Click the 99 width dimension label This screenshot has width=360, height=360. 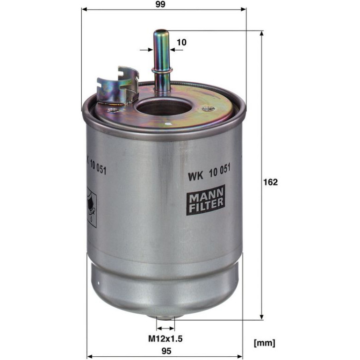[160, 4]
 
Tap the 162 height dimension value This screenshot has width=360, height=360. [270, 182]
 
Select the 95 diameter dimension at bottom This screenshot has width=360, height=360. [166, 351]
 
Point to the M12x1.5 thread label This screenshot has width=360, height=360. [166, 338]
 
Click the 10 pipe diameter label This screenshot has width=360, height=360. [181, 42]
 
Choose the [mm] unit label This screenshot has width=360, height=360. [264, 343]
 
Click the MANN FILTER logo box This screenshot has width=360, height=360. [206, 200]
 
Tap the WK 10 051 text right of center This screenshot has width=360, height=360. [209, 173]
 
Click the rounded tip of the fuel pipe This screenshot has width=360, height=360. [161, 32]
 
